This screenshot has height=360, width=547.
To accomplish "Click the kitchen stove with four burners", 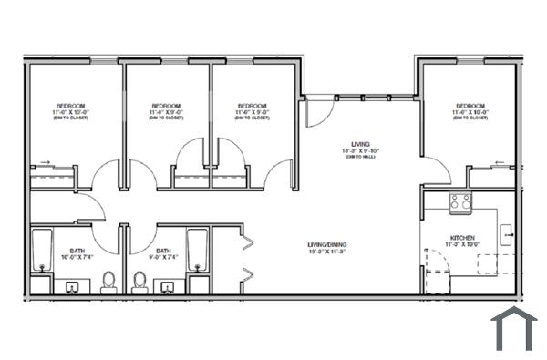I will click(460, 203).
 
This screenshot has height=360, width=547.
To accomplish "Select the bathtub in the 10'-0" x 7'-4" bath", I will click(41, 252).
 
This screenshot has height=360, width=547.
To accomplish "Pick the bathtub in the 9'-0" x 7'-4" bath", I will click(198, 252).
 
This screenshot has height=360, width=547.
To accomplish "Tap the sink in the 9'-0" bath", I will click(169, 287).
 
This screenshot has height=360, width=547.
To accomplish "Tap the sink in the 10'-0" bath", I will click(72, 287).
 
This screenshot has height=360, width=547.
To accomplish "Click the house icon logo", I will click(513, 329).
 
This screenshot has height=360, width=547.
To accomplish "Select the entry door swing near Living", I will click(315, 114).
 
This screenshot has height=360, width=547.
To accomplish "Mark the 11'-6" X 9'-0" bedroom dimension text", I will click(251, 112).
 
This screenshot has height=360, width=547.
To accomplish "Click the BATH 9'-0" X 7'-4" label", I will click(164, 254).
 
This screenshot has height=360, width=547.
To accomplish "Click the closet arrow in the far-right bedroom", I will click(499, 164).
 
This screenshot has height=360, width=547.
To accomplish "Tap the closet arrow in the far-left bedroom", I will click(45, 165).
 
